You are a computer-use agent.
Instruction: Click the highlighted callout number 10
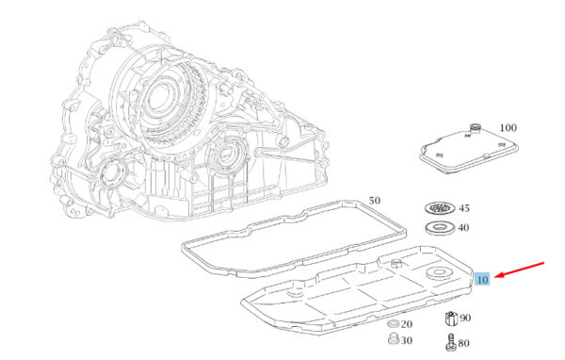(482, 279)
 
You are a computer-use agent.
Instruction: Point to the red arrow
(519, 270)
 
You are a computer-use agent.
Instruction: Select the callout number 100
(508, 127)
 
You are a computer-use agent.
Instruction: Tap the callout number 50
(375, 200)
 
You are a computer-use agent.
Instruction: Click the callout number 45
(464, 208)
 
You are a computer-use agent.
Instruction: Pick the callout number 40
(463, 228)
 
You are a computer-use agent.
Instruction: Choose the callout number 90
(465, 318)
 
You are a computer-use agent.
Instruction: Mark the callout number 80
(463, 343)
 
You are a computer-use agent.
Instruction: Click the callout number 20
(407, 324)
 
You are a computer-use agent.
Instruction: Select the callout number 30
(407, 340)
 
